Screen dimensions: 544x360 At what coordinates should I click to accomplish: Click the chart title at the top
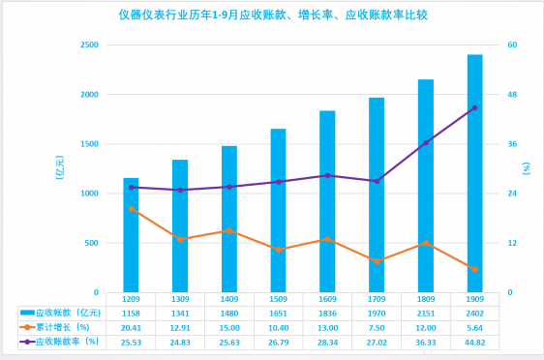pos(273,15)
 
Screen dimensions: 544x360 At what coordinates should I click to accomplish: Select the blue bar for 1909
pos(475,173)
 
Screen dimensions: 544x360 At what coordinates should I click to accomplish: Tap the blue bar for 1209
pos(131,235)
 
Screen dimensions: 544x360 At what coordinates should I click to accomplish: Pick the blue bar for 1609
pos(327,201)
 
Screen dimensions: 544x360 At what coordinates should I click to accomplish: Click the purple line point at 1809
pos(426,142)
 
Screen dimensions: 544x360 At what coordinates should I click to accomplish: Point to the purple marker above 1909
pos(475,107)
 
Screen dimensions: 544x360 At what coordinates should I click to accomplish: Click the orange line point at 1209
pos(131,208)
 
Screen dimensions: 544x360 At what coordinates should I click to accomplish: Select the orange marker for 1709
pos(377,261)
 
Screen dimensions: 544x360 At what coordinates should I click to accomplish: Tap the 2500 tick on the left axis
pos(89,45)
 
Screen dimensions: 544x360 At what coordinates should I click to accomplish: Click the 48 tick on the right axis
pos(512,94)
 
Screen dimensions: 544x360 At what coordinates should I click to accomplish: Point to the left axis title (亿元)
pos(60,167)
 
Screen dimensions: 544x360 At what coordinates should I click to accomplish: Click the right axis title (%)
pos(527,168)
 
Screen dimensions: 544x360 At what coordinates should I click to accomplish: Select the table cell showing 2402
pos(475,314)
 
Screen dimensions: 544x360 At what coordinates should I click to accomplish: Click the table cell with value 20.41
pos(131,328)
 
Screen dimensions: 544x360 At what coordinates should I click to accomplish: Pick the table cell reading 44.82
pos(475,343)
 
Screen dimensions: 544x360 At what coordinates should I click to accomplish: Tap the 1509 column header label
pos(278,299)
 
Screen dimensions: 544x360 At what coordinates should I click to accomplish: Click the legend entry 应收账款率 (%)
pos(59,342)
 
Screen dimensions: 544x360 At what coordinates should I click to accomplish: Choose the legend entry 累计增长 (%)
pos(55,327)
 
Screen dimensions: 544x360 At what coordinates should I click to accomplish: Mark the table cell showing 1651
pos(278,314)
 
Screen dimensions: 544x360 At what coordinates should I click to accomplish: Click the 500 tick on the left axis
pos(92,243)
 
